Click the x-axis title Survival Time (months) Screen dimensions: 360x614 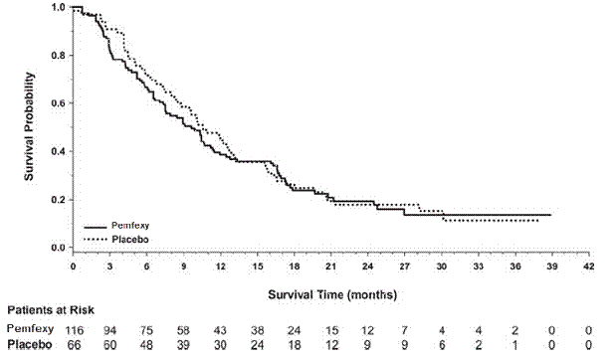332,294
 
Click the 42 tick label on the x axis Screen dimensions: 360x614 589,267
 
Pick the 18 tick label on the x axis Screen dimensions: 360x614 294,267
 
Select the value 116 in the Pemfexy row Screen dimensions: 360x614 73,329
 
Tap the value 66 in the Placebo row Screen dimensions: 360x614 73,344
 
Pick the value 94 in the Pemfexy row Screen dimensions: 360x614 109,329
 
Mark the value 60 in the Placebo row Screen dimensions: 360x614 109,344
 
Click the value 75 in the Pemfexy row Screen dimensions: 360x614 146,329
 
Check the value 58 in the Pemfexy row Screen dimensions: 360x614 183,329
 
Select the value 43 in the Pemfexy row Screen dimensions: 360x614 220,329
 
